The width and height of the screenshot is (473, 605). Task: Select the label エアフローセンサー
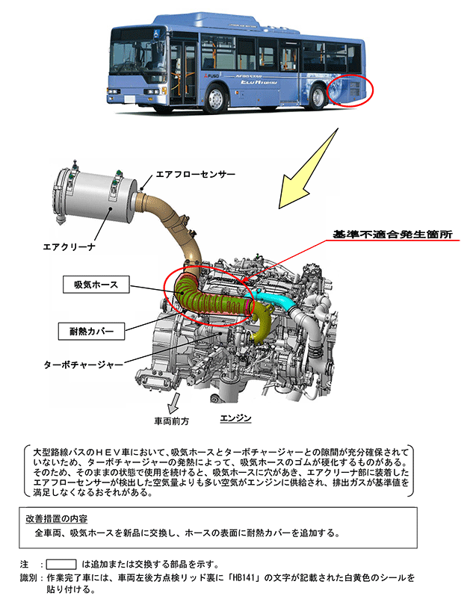(x=195, y=174)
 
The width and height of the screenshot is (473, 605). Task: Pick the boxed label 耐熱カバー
(x=91, y=328)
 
